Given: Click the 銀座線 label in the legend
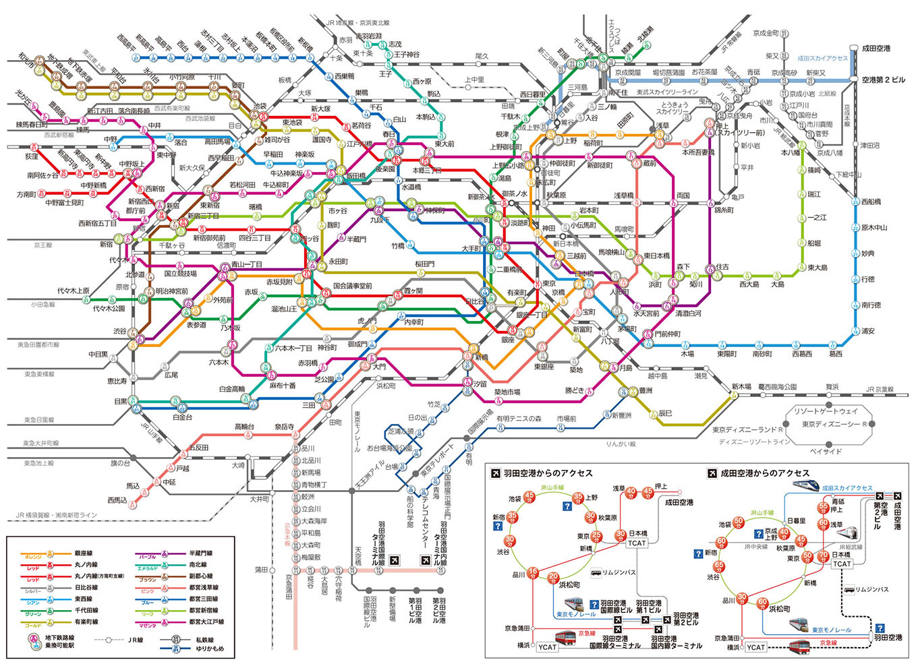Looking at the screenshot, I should pos(84,553).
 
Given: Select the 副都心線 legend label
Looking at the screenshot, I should pos(201,576).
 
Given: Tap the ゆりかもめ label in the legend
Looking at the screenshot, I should pos(210,648).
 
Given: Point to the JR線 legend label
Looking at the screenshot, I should pos(136,640).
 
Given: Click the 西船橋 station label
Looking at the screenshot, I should pos(871,202).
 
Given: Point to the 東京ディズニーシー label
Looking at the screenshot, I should pos(831,424).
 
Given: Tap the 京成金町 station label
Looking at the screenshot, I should pos(766,32).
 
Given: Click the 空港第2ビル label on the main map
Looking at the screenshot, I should pos(884,80).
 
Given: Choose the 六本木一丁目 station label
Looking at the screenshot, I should pos(293,348).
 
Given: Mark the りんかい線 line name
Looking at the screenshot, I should pos(621,444).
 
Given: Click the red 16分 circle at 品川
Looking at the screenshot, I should pos(533,572).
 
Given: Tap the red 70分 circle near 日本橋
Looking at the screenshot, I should pos(822,556).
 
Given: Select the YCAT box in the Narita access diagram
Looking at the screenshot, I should pos(755,647).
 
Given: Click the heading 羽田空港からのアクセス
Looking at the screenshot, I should pos(548,473).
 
